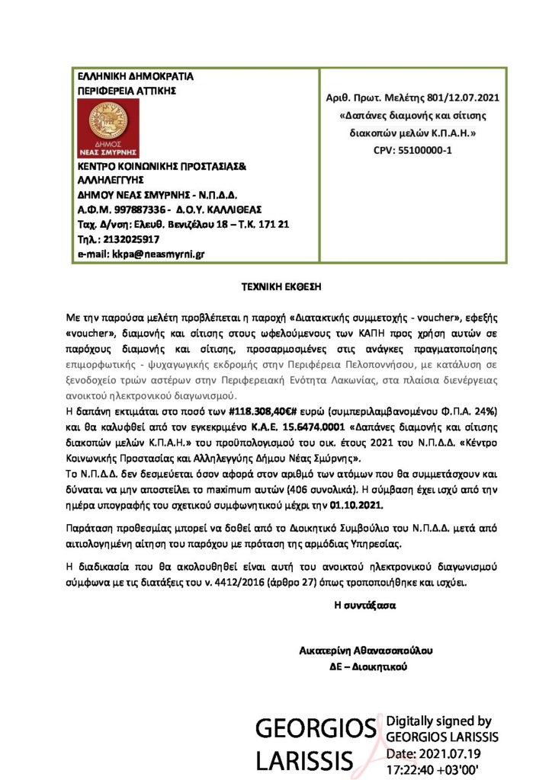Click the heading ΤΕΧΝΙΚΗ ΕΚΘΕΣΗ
[276, 287]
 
